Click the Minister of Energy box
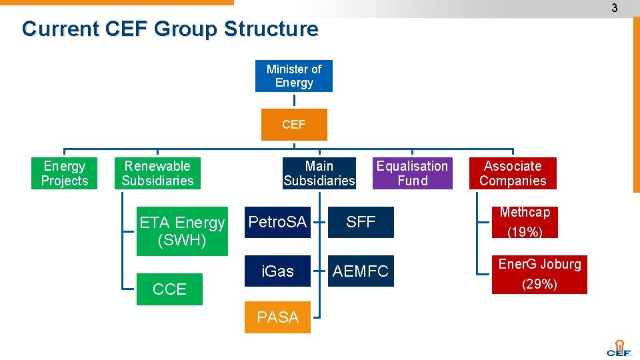tap(293, 76)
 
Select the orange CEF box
tap(293, 125)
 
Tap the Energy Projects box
tap(65, 173)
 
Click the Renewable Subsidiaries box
tap(157, 173)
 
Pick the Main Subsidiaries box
tap(319, 173)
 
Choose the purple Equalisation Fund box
tap(412, 173)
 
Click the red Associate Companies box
tap(513, 173)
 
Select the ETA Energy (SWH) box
tap(182, 231)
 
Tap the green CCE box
tap(169, 289)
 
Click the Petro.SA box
tap(277, 222)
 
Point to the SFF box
tap(361, 222)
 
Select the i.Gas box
tap(277, 271)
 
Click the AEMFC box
tap(361, 271)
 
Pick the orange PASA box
tap(277, 317)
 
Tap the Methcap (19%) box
tap(525, 222)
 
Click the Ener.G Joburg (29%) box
tap(539, 274)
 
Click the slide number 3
tap(615, 8)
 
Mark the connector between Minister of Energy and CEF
tap(294, 100)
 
